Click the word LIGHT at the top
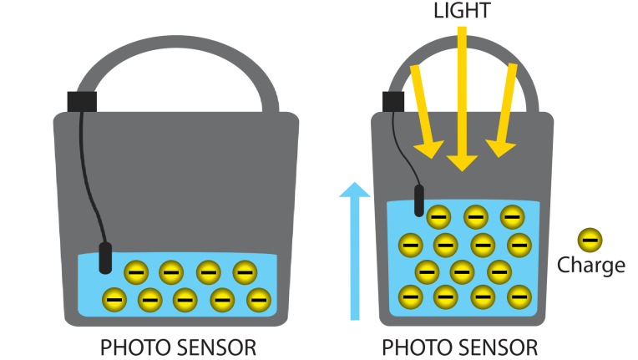[x=462, y=10]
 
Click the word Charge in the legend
[x=590, y=266]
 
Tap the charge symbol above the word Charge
[x=590, y=240]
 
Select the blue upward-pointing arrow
[x=355, y=251]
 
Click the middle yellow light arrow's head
[x=462, y=163]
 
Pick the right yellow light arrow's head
[x=499, y=149]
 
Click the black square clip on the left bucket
[x=82, y=102]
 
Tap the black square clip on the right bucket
[x=393, y=102]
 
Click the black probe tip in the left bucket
[x=105, y=258]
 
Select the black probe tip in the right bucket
[x=419, y=200]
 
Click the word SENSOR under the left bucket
[x=217, y=347]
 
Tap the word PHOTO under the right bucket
[x=418, y=347]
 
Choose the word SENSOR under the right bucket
[x=499, y=347]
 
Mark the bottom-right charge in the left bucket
[x=259, y=300]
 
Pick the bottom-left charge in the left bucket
[x=114, y=300]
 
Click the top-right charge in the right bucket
[x=512, y=217]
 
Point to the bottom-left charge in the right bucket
[x=411, y=297]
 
